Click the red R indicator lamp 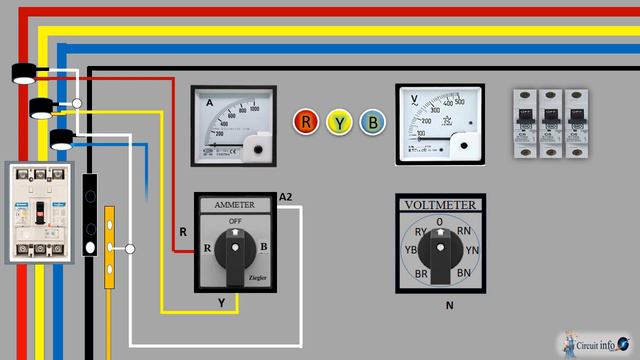click(306, 122)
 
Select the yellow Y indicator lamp click(340, 122)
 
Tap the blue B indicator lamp click(373, 122)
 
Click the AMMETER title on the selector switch click(235, 204)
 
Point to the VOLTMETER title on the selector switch click(440, 205)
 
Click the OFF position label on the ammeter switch click(236, 221)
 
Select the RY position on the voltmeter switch click(421, 232)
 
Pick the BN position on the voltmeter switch click(463, 272)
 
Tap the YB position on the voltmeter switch click(410, 251)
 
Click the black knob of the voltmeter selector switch click(440, 252)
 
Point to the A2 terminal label click(287, 195)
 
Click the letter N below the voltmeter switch click(449, 305)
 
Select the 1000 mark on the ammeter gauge click(254, 105)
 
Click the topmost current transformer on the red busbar click(25, 71)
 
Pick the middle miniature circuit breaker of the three click(550, 121)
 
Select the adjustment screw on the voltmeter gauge click(462, 145)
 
